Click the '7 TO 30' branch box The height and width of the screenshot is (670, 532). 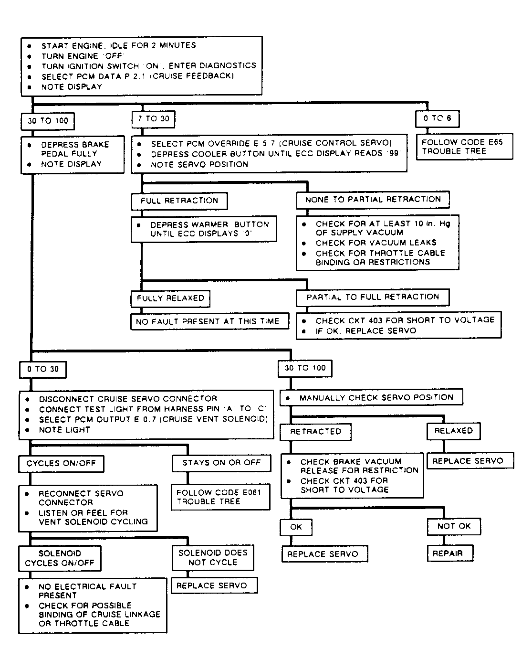click(153, 119)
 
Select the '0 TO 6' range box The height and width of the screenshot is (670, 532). click(437, 118)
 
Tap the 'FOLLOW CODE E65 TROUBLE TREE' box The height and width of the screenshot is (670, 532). click(464, 147)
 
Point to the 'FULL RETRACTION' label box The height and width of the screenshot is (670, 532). click(179, 201)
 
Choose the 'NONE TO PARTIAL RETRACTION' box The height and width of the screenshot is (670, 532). click(373, 200)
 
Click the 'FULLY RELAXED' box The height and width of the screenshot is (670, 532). click(170, 298)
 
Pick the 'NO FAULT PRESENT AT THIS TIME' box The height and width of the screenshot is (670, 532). click(209, 321)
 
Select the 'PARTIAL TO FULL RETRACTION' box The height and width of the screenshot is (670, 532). click(373, 297)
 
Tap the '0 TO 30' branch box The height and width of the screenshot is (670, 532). click(43, 369)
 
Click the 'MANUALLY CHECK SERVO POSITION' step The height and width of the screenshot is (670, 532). click(372, 397)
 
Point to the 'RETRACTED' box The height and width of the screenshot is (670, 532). click(315, 432)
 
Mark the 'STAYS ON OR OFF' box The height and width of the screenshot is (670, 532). click(221, 463)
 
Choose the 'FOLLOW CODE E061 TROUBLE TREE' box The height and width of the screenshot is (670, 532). click(220, 497)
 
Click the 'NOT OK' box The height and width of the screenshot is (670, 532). click(454, 526)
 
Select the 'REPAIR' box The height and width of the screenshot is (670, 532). click(450, 553)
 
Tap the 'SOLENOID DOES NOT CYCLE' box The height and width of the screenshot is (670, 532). click(213, 558)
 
